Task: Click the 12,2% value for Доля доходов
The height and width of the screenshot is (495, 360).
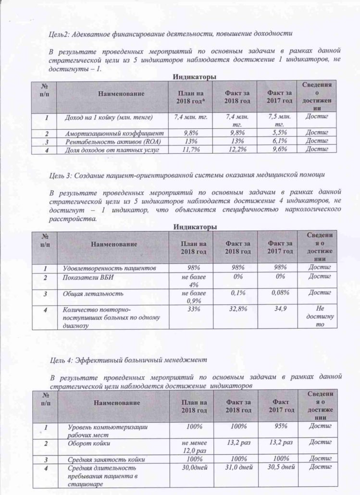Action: click(x=237, y=150)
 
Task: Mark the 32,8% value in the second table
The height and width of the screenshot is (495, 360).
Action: click(x=237, y=311)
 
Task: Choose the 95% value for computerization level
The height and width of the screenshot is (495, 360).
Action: click(x=281, y=426)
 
